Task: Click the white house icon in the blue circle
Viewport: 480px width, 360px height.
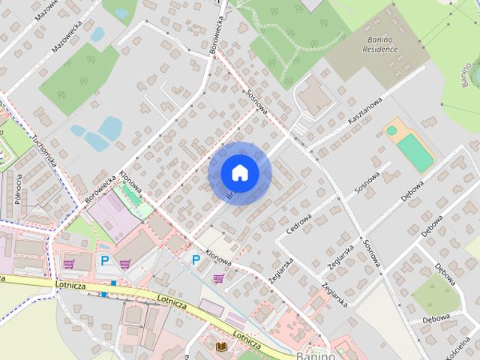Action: [240, 173]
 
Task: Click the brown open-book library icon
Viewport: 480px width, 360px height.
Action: [221, 346]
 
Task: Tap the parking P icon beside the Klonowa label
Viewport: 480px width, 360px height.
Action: [196, 260]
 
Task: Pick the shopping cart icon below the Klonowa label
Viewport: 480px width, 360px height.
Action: [218, 278]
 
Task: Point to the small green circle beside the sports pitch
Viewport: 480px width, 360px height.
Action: [391, 130]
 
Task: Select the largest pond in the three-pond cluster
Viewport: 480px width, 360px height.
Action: [110, 127]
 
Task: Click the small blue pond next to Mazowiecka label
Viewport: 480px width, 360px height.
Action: [97, 34]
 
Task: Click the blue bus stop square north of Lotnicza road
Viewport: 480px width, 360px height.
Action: [113, 283]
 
